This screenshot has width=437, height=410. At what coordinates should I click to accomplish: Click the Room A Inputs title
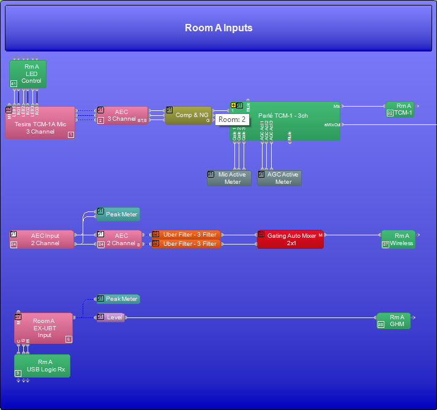(219, 28)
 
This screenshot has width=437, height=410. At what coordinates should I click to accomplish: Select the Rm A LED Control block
(28, 74)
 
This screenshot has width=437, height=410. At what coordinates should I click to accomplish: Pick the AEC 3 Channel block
(122, 115)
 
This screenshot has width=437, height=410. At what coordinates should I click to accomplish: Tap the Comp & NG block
(189, 115)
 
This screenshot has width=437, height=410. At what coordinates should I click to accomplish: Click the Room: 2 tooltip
(232, 120)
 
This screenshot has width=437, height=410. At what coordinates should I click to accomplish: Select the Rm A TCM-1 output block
(400, 109)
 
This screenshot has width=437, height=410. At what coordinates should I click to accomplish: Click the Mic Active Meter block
(229, 178)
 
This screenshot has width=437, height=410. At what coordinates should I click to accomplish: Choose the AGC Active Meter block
(280, 178)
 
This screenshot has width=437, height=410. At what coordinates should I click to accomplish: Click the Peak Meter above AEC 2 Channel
(118, 214)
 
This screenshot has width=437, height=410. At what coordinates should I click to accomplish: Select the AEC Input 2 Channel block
(42, 239)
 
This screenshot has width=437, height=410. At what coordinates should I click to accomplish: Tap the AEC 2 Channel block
(119, 239)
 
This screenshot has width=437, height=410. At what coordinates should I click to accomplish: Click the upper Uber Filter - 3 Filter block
(186, 234)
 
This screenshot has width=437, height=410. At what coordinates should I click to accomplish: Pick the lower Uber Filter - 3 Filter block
(186, 244)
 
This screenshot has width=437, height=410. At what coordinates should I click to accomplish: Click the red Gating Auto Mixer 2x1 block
(290, 239)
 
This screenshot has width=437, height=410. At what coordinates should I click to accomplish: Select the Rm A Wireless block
(398, 239)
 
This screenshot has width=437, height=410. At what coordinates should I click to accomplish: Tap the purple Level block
(111, 317)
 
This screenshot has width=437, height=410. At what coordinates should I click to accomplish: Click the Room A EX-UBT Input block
(43, 328)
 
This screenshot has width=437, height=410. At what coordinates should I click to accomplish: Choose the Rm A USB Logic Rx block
(42, 366)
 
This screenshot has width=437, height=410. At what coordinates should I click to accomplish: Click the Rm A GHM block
(394, 321)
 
